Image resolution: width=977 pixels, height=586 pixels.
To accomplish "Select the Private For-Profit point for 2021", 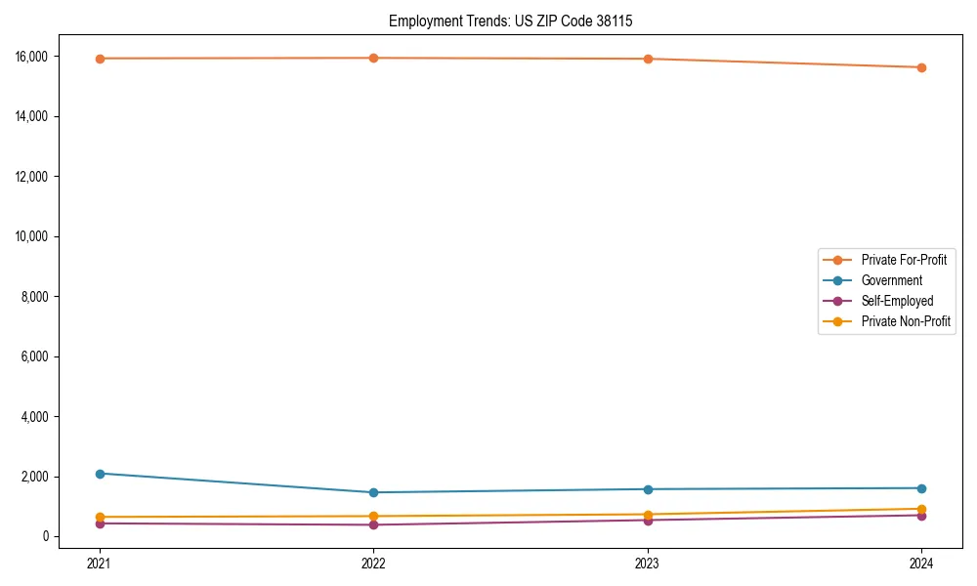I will [99, 59].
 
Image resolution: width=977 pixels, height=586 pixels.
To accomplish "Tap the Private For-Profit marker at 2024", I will [921, 67].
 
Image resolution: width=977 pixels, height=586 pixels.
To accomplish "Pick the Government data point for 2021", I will [99, 474].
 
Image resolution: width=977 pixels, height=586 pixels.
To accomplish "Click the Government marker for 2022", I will [373, 492].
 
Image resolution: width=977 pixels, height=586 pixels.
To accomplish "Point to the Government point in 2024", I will [921, 488].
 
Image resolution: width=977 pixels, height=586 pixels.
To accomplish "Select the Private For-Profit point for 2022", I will [373, 58].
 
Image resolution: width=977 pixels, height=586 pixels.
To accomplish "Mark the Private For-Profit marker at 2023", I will [648, 59].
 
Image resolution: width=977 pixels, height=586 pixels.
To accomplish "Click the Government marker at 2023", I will [648, 489].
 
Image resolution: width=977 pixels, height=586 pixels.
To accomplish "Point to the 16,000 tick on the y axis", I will [35, 57].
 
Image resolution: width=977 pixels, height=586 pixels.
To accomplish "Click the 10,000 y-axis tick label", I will [35, 236].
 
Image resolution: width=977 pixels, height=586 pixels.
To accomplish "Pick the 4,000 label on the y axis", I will [38, 417].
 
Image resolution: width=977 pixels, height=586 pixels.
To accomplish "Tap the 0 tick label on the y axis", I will [46, 537].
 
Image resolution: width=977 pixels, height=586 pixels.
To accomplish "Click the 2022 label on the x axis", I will [373, 563].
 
